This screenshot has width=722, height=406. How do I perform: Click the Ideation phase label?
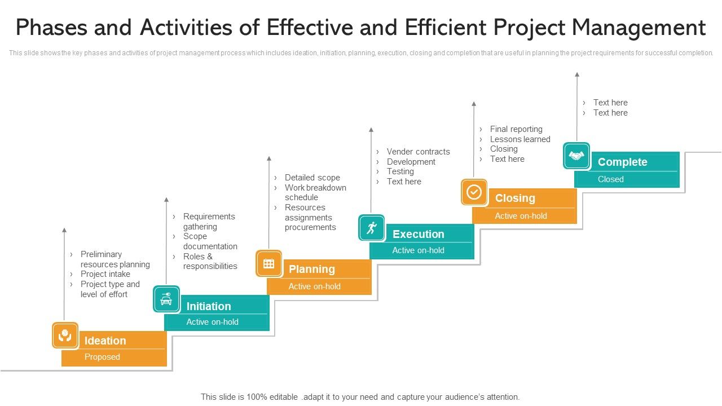105,341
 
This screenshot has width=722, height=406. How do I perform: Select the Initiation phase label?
209,306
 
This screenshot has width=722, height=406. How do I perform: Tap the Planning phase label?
311,269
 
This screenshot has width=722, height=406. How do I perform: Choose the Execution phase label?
418,234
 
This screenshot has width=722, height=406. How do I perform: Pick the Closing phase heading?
514,198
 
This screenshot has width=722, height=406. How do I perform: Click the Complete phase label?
622,162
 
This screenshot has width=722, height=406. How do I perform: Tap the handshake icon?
576,156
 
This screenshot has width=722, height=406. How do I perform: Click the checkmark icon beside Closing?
474,192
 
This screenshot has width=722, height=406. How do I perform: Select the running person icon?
371,228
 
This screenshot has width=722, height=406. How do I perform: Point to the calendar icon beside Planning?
268,263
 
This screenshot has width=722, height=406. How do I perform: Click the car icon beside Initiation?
166,299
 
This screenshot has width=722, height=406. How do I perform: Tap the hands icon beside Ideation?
65,335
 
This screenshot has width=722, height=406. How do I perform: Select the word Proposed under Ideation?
102,357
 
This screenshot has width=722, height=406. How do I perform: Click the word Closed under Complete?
610,179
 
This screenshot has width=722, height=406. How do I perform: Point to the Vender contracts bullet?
418,152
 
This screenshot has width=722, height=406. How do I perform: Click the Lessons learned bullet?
520,139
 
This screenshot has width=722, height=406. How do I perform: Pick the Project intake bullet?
105,274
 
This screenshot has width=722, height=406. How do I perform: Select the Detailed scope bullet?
312,178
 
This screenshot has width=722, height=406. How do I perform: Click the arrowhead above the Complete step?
576,74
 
